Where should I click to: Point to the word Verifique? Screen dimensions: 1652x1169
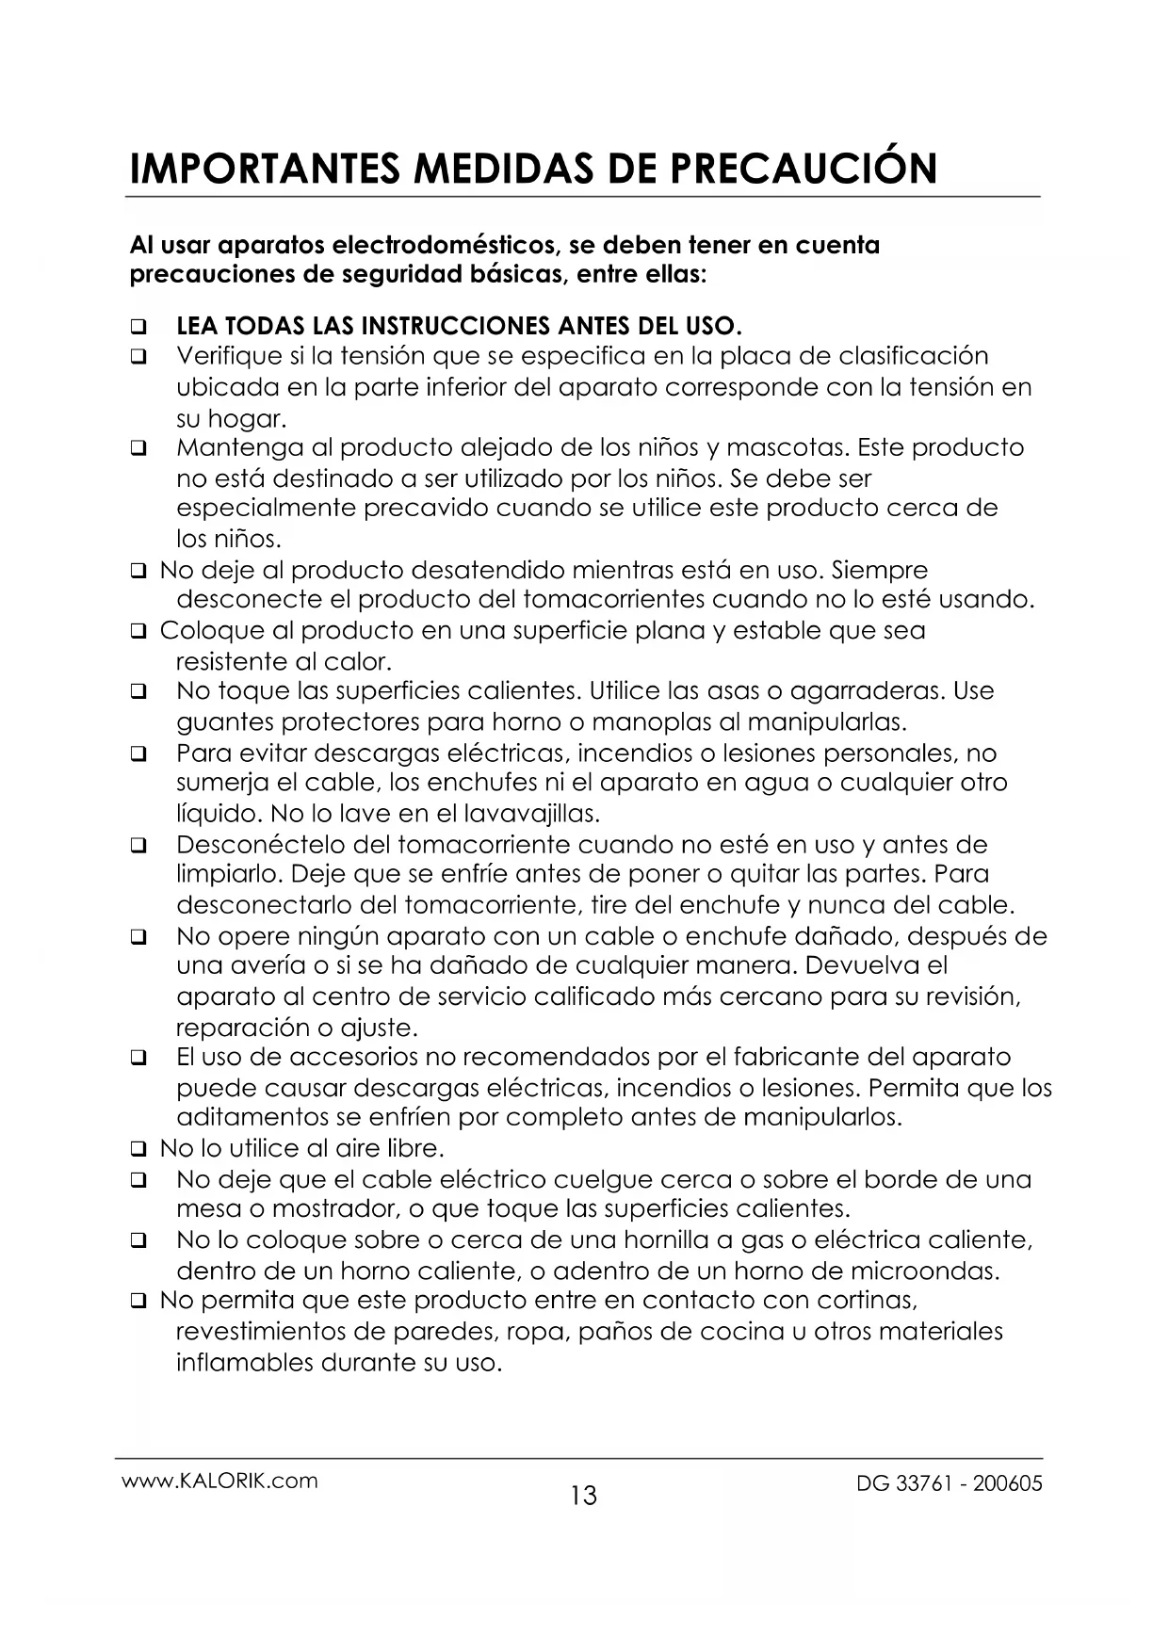click(x=229, y=357)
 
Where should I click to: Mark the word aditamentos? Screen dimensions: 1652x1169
click(x=252, y=1118)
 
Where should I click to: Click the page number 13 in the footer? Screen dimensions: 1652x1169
click(x=584, y=1495)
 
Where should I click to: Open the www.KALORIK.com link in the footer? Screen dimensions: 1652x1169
click(x=220, y=1481)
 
